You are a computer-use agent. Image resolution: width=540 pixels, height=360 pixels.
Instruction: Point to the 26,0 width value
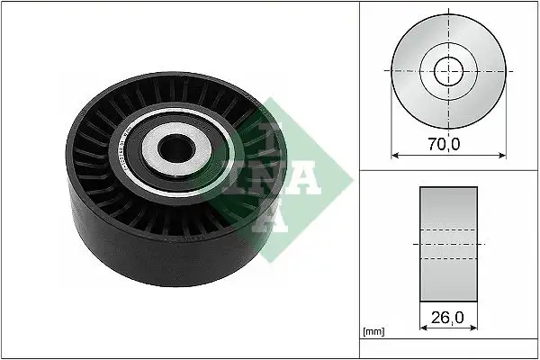click(447, 317)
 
